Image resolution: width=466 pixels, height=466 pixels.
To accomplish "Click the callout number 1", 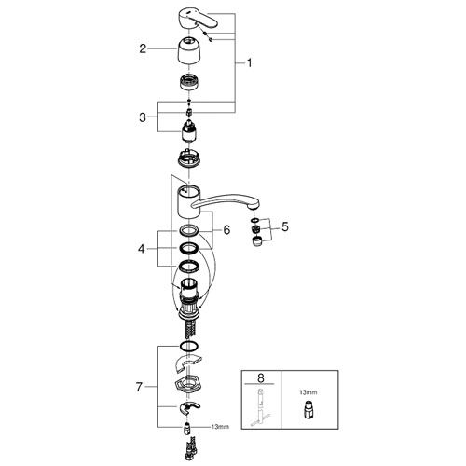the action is click(249, 63).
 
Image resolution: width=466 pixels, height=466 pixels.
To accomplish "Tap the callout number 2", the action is click(143, 48).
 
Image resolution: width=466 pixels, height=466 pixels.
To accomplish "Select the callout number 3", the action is click(143, 117).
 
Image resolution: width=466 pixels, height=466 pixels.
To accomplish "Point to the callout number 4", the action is click(142, 249).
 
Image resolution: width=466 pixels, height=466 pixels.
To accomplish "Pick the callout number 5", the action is click(285, 226).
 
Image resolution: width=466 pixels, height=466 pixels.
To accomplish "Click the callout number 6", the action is click(226, 230).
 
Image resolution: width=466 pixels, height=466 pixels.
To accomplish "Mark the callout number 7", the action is click(139, 387).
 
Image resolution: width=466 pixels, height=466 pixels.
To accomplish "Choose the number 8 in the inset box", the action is click(261, 378).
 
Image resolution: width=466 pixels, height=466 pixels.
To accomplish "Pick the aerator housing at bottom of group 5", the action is click(256, 241).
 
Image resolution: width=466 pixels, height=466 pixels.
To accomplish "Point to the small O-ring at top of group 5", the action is click(254, 220).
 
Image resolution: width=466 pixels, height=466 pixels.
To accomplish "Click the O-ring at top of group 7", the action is click(189, 346).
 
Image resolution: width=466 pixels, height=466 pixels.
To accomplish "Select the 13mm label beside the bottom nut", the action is click(220, 427).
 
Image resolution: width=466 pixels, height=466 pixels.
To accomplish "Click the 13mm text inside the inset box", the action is click(308, 392).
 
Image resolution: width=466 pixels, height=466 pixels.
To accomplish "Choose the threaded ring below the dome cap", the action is click(189, 82).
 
